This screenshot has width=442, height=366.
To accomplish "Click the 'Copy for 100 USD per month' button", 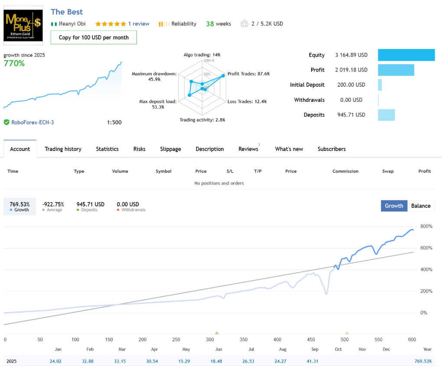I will pyautogui.click(x=94, y=37).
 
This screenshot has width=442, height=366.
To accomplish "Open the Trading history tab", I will pyautogui.click(x=63, y=149).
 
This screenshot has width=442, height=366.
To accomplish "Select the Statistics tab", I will pyautogui.click(x=107, y=149).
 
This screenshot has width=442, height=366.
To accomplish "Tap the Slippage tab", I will pyautogui.click(x=170, y=149).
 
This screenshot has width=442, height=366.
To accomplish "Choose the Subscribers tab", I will pyautogui.click(x=331, y=149).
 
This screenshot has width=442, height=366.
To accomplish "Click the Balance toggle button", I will pyautogui.click(x=421, y=206).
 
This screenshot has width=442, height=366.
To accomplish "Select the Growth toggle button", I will pyautogui.click(x=394, y=206).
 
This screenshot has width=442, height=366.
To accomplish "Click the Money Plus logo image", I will pyautogui.click(x=23, y=25).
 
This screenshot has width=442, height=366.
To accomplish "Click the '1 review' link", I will pyautogui.click(x=139, y=24).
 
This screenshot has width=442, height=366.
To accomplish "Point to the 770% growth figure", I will pyautogui.click(x=14, y=63).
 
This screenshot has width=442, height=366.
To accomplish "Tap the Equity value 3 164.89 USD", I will pyautogui.click(x=351, y=55).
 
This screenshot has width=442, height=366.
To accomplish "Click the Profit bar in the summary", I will pyautogui.click(x=396, y=70).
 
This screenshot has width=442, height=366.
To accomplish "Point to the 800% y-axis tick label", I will pyautogui.click(x=426, y=226).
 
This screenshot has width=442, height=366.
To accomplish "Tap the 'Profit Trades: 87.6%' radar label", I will pyautogui.click(x=249, y=74).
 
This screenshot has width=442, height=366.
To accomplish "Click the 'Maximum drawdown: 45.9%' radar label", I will pyautogui.click(x=154, y=76).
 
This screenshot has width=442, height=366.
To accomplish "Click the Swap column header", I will pyautogui.click(x=388, y=171).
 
